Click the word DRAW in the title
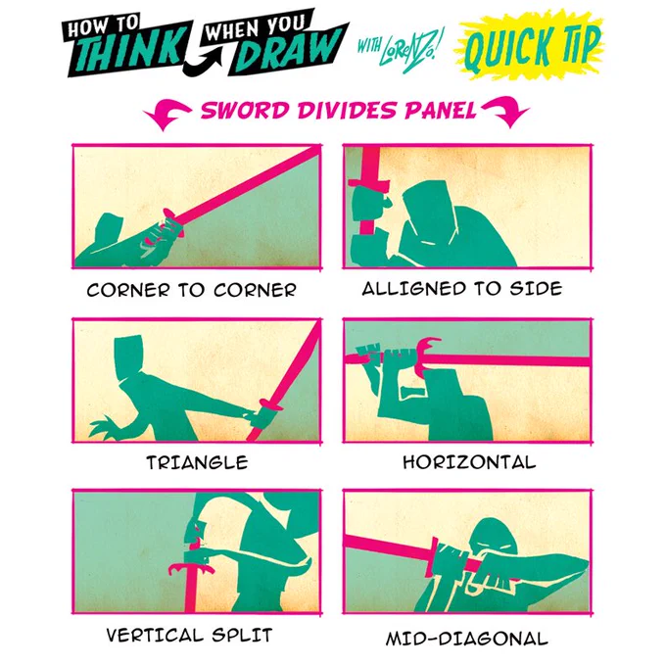click(288, 50)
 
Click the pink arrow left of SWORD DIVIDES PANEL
click(166, 113)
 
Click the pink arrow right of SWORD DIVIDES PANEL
click(505, 112)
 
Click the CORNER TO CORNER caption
click(192, 290)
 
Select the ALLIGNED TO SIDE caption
click(462, 288)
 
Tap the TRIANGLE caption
click(197, 462)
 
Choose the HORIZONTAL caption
click(469, 461)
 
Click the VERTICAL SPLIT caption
click(189, 635)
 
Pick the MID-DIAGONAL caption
click(467, 639)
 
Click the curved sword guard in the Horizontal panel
click(426, 356)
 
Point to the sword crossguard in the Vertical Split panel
click(191, 568)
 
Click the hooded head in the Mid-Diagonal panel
click(494, 536)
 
